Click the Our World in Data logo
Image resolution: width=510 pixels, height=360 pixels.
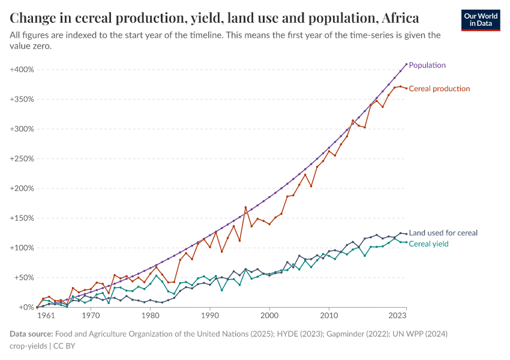(481, 20)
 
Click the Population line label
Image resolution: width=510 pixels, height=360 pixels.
(427, 65)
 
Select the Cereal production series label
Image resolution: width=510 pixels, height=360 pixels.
(439, 89)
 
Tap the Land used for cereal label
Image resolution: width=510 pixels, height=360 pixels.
(443, 233)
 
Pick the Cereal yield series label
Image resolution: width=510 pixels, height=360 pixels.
(428, 244)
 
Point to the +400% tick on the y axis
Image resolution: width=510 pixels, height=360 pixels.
(22, 70)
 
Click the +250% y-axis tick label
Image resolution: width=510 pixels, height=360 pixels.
(22, 159)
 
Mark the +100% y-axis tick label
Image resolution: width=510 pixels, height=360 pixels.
(22, 248)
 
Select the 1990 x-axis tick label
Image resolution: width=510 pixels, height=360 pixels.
(209, 315)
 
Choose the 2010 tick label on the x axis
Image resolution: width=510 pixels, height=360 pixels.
(328, 315)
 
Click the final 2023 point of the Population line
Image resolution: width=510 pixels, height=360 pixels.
(406, 64)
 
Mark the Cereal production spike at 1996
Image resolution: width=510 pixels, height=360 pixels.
(245, 207)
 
